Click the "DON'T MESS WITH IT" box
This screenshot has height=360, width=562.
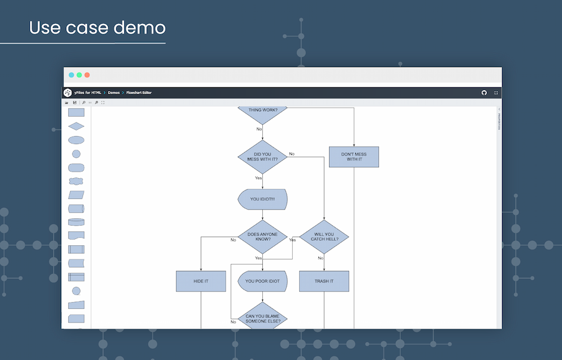[353, 157]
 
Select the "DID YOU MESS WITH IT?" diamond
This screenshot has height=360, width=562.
[262, 157]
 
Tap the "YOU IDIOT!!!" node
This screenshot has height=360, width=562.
[262, 199]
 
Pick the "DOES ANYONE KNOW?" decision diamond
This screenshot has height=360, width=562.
[262, 237]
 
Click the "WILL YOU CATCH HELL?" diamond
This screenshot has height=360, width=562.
[323, 237]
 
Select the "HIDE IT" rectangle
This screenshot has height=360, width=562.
[201, 281]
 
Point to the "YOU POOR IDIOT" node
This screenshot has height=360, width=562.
[262, 281]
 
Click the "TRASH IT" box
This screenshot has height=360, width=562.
[323, 281]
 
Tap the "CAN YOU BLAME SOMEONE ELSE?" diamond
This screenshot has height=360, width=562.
[262, 318]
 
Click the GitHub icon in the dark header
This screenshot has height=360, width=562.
[484, 93]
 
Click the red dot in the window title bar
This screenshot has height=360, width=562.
[87, 75]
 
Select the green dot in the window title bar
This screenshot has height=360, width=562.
[79, 75]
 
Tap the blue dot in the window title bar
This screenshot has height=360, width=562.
[71, 75]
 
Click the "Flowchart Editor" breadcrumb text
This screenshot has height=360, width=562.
[139, 93]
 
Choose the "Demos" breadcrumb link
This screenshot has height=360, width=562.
[114, 93]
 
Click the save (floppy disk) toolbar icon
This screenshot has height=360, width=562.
[74, 102]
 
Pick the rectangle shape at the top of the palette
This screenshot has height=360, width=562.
[76, 113]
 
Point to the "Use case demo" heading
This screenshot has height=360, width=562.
[97, 28]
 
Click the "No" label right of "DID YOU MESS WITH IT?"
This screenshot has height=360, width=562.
[292, 153]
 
